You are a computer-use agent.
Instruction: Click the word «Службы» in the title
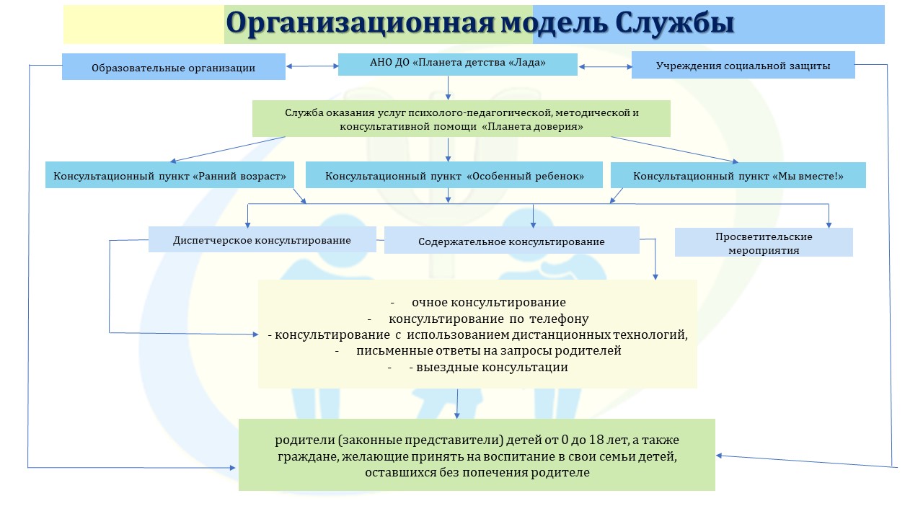tap(674, 23)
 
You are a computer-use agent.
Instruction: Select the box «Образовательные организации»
tap(174, 67)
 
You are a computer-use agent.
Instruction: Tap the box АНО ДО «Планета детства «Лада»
tap(457, 64)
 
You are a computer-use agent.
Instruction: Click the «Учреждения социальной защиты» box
tap(743, 65)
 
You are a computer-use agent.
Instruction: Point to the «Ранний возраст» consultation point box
tap(169, 175)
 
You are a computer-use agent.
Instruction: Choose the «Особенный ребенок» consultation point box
tap(454, 175)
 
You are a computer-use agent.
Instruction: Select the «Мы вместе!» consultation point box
tap(738, 175)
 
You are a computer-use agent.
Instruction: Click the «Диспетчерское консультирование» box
tap(262, 239)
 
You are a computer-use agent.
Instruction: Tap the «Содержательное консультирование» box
tap(512, 240)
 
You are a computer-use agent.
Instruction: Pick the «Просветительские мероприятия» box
tap(764, 243)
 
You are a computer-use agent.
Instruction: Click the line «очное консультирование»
tap(489, 302)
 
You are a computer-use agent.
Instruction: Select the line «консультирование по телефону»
tap(489, 319)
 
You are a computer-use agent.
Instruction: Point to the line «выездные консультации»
tap(492, 367)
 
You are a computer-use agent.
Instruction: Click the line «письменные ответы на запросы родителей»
tap(489, 350)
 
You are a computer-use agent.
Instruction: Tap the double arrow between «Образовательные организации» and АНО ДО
tap(312, 66)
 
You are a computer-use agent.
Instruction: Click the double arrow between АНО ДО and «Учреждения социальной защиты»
tap(605, 66)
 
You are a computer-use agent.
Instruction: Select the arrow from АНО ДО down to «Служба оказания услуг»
tap(448, 88)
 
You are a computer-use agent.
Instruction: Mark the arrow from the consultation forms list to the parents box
tap(457, 404)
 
